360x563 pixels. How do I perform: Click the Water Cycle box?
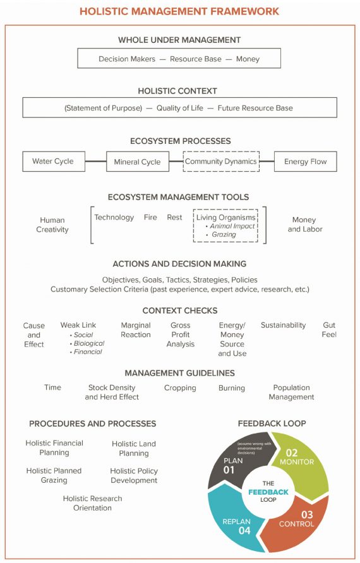(53, 162)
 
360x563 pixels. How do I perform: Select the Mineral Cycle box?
(137, 162)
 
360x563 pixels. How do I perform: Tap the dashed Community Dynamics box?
(220, 162)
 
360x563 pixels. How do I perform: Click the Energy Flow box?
(305, 162)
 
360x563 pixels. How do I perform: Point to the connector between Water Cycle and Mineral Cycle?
(95, 162)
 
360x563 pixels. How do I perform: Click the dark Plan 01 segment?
(234, 464)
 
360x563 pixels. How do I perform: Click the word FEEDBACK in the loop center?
(268, 491)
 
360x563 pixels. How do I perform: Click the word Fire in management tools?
(150, 217)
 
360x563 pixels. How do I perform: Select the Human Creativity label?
(52, 225)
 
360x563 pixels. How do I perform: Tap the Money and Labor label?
(305, 225)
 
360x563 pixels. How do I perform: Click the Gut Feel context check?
(329, 330)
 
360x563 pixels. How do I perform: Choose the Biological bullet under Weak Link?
(88, 343)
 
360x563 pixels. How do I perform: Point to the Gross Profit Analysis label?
(181, 335)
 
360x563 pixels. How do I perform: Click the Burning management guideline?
(232, 388)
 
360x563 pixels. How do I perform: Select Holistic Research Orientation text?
(92, 503)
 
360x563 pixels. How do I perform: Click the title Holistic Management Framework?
(179, 11)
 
